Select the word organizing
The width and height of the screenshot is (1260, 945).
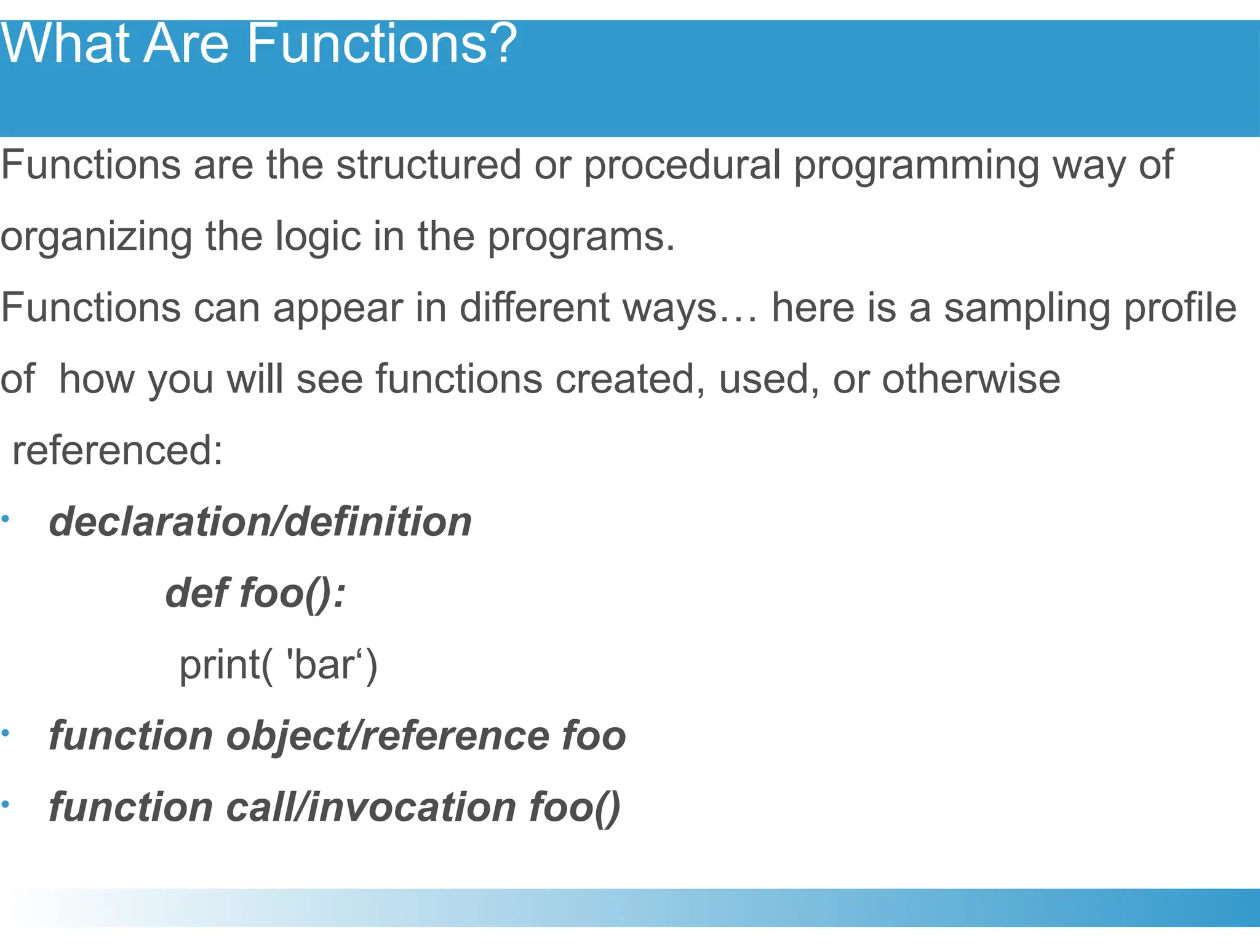pos(96,237)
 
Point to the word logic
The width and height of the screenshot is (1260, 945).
pos(317,236)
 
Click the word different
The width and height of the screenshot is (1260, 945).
pos(534,307)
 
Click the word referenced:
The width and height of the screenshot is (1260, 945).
pos(118,450)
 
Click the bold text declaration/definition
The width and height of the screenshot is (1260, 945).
pos(260,522)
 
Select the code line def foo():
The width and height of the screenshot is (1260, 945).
pos(255,593)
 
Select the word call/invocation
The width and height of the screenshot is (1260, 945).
pos(371,807)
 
